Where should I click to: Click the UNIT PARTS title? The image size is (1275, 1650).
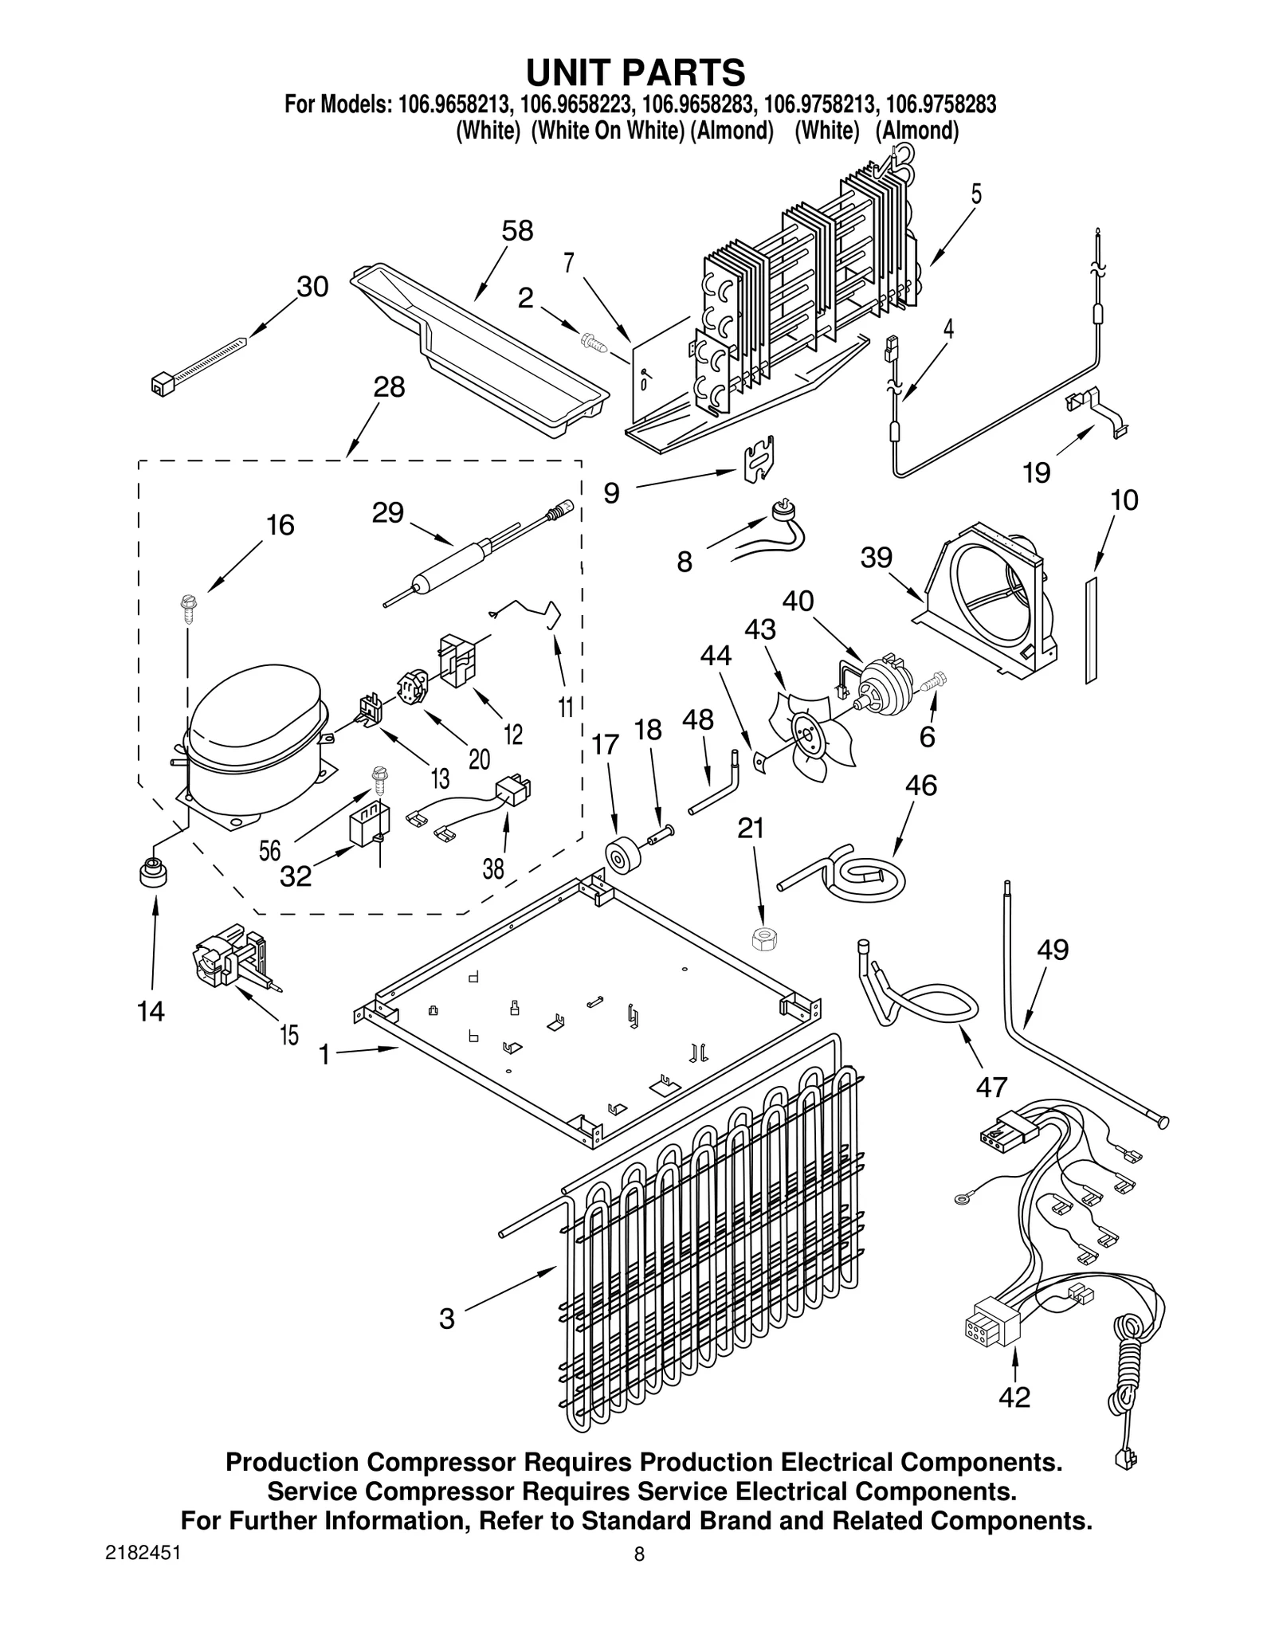(x=635, y=72)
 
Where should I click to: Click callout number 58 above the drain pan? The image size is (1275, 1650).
(x=517, y=231)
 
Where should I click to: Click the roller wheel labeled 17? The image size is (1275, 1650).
(x=619, y=856)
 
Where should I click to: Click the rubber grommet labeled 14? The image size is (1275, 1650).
(x=152, y=874)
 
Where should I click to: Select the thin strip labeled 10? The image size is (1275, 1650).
(x=1090, y=630)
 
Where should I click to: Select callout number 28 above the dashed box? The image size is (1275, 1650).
(x=389, y=387)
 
